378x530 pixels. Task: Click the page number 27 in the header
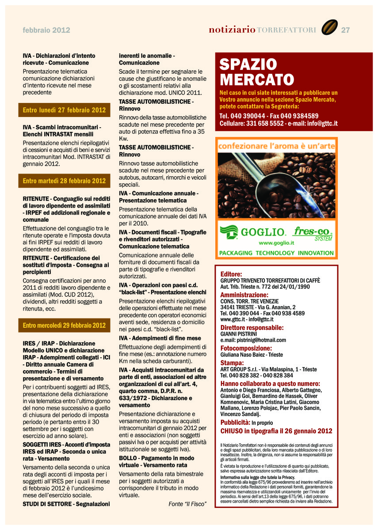coord(345,30)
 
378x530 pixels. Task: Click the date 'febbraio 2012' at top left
coord(46,30)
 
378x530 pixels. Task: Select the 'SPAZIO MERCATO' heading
coord(256,72)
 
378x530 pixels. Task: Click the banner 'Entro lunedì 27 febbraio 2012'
coord(65,110)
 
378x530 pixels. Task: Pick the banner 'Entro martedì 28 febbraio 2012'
coord(65,181)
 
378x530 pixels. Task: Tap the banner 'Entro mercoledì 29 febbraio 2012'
coord(65,326)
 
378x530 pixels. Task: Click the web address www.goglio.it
coord(276,243)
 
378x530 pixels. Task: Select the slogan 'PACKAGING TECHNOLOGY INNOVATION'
coord(276,253)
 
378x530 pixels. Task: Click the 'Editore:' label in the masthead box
coord(231,274)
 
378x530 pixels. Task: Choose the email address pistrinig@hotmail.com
coord(253,340)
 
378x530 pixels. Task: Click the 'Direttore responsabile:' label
coord(252,328)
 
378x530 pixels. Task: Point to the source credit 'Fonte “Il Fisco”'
coord(187,504)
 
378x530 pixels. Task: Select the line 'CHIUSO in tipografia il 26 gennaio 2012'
coord(276,431)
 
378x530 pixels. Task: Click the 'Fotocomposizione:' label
coord(246,348)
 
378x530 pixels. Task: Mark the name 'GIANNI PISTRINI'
coord(239,334)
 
